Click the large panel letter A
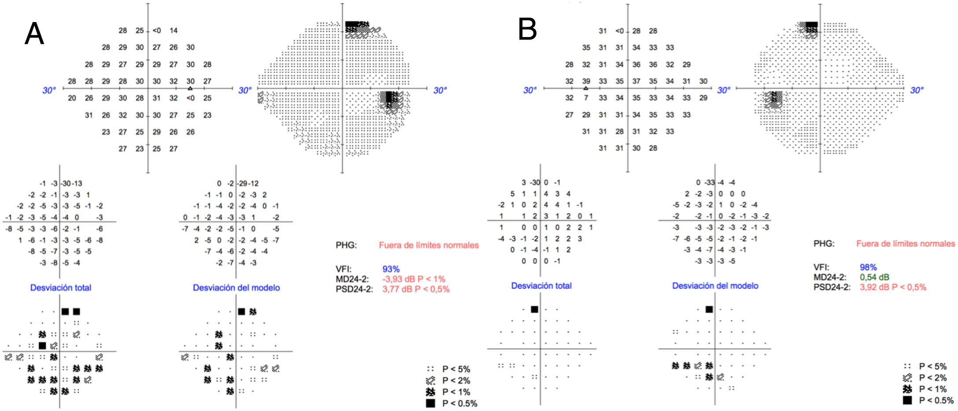[34, 34]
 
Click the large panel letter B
[527, 29]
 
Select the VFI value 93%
[391, 269]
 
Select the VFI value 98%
[868, 267]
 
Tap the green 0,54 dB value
[874, 277]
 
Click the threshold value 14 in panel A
[174, 31]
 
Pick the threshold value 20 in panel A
[72, 98]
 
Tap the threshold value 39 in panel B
[586, 81]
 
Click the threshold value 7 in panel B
[586, 98]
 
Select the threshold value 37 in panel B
[636, 81]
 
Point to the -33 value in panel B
[709, 183]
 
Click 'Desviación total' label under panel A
[60, 288]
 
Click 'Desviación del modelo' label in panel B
[715, 286]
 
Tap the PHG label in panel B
[823, 243]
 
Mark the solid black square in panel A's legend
[430, 403]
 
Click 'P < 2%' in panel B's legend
[932, 377]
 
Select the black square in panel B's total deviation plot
[534, 310]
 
